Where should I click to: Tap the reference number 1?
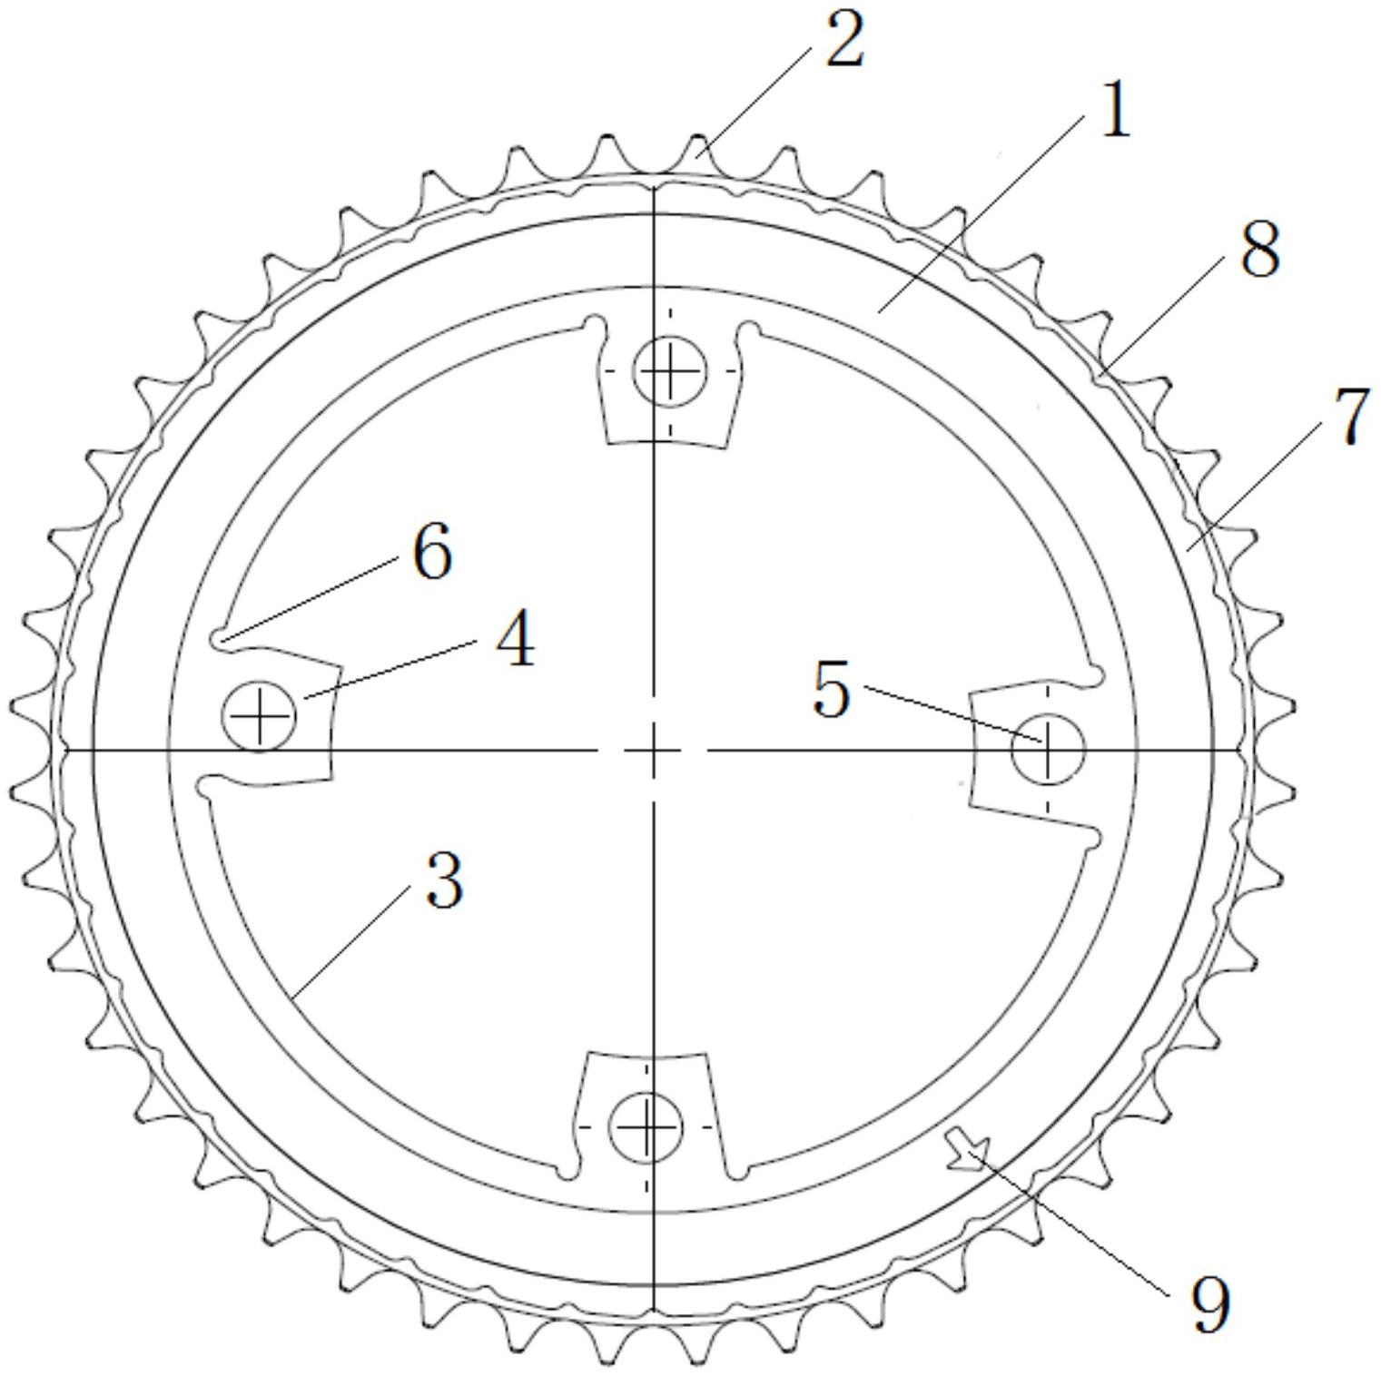pos(1115,110)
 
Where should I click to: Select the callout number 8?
pos(1260,250)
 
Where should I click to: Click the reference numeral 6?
pos(432,552)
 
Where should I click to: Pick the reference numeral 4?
pos(515,639)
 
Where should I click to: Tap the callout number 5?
pos(833,690)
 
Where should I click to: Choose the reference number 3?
pos(445,880)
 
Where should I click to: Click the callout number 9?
pos(1210,1304)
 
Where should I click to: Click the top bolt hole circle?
pos(670,370)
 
